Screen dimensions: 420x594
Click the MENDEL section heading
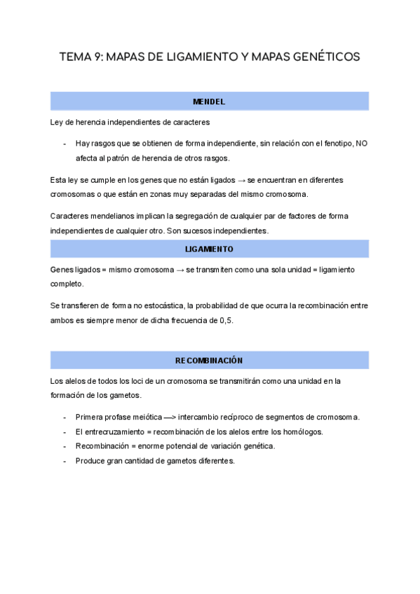click(209, 102)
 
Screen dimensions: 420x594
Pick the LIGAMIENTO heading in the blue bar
click(209, 249)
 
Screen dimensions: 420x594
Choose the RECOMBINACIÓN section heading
click(209, 361)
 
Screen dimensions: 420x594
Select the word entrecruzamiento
click(115, 432)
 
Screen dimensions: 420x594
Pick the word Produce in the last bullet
click(91, 461)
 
